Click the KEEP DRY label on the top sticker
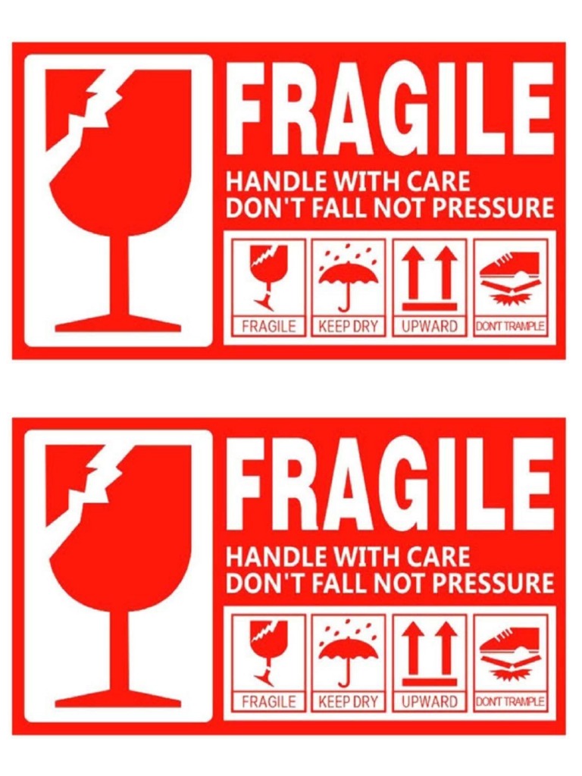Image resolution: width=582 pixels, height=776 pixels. [348, 327]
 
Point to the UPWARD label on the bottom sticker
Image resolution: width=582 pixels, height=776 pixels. [430, 702]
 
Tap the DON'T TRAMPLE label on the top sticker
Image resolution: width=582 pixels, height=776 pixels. [510, 327]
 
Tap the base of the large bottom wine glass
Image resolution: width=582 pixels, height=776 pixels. [119, 699]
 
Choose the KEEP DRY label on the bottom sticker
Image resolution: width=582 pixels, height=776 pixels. [348, 702]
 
